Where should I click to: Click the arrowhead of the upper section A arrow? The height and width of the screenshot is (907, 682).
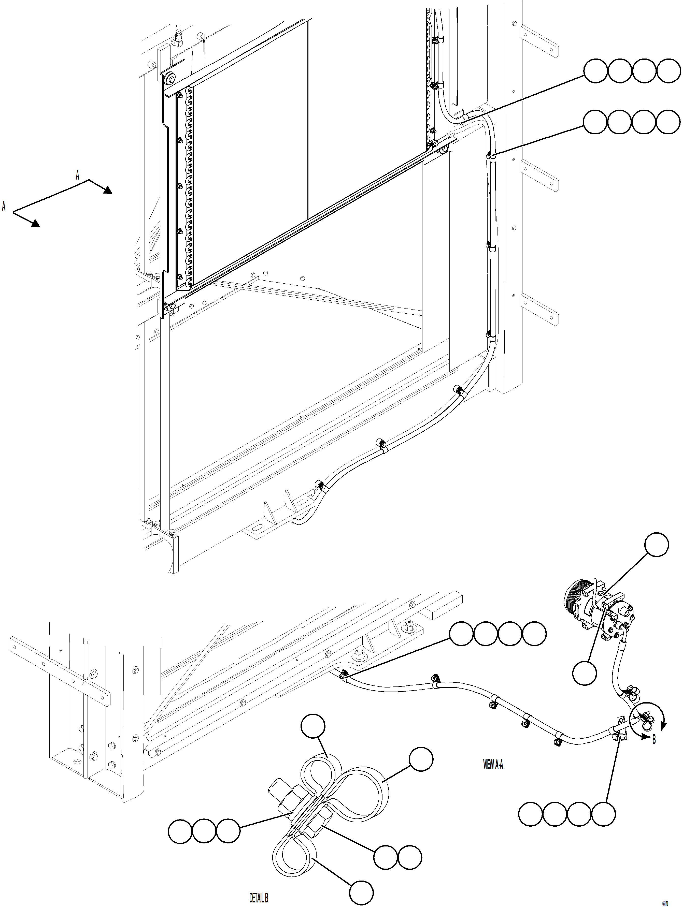[107, 189]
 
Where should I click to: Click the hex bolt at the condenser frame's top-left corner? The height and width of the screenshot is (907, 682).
[171, 78]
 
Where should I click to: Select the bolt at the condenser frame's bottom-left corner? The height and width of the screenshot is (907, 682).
[171, 305]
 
